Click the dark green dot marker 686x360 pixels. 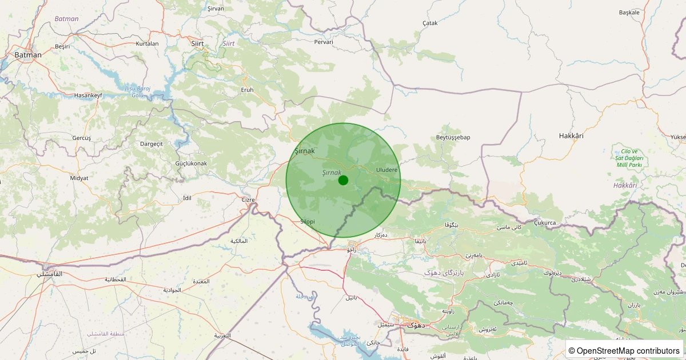pos(343,180)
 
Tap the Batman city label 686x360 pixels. pos(28,55)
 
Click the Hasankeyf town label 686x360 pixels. pos(88,95)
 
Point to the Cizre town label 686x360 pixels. pos(248,199)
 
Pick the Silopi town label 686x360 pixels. pos(308,221)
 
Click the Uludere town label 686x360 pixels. pos(386,170)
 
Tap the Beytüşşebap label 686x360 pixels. pos(453,137)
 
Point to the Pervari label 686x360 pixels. pos(324,42)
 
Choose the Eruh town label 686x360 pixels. pos(247,90)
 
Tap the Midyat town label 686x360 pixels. pos(79,178)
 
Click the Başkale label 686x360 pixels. pos(629,12)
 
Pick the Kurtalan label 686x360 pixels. pos(147,43)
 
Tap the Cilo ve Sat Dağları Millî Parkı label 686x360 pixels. pos(629,158)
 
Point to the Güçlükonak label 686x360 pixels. pos(192,163)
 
